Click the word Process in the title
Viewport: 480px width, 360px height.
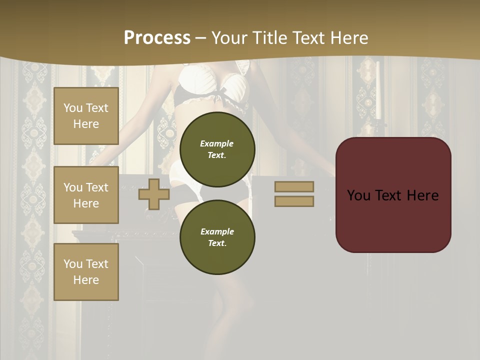click(x=157, y=38)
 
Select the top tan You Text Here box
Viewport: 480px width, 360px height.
click(x=86, y=116)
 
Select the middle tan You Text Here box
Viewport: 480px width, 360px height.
click(x=86, y=195)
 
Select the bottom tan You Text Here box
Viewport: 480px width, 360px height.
click(x=86, y=271)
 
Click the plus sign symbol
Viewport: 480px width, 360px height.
click(x=153, y=194)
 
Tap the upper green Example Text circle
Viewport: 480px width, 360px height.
click(x=217, y=149)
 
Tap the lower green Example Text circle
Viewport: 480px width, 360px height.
click(x=217, y=237)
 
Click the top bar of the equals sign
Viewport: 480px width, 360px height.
click(x=294, y=186)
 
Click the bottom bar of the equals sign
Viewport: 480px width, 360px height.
click(x=294, y=201)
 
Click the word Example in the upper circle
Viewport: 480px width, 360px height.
click(x=217, y=143)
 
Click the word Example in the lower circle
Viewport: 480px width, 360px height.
click(x=217, y=231)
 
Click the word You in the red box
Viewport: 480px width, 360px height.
click(x=358, y=195)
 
